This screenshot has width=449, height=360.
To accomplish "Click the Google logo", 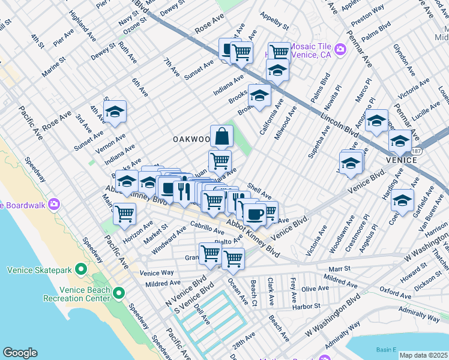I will (20, 353).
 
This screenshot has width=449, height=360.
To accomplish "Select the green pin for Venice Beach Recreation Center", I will (119, 293).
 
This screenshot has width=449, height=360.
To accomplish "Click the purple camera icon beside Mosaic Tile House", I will (340, 49).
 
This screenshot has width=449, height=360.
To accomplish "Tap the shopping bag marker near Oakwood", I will (221, 136).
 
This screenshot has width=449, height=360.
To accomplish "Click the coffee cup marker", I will (254, 214).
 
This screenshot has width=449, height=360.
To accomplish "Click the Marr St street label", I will (340, 269).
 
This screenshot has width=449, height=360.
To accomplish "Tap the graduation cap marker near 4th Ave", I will (115, 112).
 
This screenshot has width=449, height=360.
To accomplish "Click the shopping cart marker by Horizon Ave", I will (124, 213).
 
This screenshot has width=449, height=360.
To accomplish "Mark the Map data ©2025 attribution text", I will (423, 355).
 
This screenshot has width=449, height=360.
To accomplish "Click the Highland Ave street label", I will (83, 25).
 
